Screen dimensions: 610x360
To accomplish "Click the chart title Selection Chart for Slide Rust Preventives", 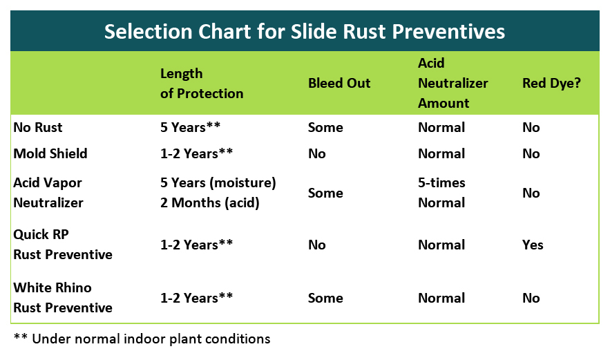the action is pyautogui.click(x=304, y=32).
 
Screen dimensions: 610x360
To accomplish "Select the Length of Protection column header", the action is pyautogui.click(x=202, y=84).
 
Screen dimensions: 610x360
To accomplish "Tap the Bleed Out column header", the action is pyautogui.click(x=339, y=83).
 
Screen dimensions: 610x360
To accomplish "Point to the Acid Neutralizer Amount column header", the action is pyautogui.click(x=452, y=83).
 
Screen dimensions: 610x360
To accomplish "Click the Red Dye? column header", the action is pyautogui.click(x=551, y=84).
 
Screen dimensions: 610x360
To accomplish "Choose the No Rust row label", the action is pyautogui.click(x=38, y=127).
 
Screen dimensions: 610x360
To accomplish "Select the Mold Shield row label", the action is pyautogui.click(x=50, y=153).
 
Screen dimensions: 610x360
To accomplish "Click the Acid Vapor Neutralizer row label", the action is pyautogui.click(x=48, y=193).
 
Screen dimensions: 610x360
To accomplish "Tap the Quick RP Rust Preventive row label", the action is pyautogui.click(x=63, y=245).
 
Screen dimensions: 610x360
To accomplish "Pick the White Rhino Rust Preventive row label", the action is pyautogui.click(x=63, y=298).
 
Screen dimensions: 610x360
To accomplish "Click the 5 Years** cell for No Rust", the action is pyautogui.click(x=190, y=127).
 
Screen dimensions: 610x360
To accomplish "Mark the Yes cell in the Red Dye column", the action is pyautogui.click(x=533, y=245).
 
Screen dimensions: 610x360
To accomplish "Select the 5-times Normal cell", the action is pyautogui.click(x=441, y=193).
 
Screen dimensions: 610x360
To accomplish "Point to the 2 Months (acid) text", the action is pyautogui.click(x=210, y=202).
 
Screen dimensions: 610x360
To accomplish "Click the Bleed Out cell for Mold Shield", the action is pyautogui.click(x=316, y=153).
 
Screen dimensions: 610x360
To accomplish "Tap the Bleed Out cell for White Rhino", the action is pyautogui.click(x=325, y=298).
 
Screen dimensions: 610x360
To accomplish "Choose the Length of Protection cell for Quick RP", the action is pyautogui.click(x=196, y=245).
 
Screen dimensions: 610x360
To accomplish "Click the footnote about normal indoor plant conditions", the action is pyautogui.click(x=142, y=339).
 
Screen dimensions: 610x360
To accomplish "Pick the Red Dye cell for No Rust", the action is pyautogui.click(x=531, y=127).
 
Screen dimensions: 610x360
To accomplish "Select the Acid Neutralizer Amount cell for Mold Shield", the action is pyautogui.click(x=441, y=153).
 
